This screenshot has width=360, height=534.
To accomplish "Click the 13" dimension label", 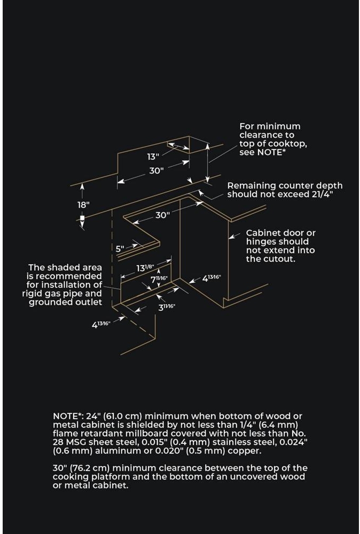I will (x=153, y=156).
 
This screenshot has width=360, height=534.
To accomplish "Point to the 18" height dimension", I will (x=83, y=205).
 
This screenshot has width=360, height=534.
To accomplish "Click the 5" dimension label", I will (x=120, y=248).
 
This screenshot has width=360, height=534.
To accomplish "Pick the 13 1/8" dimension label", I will (x=145, y=269).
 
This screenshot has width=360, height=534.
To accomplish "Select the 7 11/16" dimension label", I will (x=159, y=279).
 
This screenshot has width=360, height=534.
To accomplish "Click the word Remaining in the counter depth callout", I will (x=250, y=185).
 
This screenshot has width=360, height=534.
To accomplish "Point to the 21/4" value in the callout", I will (x=322, y=194).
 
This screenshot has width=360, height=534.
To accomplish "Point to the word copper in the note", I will (x=245, y=451).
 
